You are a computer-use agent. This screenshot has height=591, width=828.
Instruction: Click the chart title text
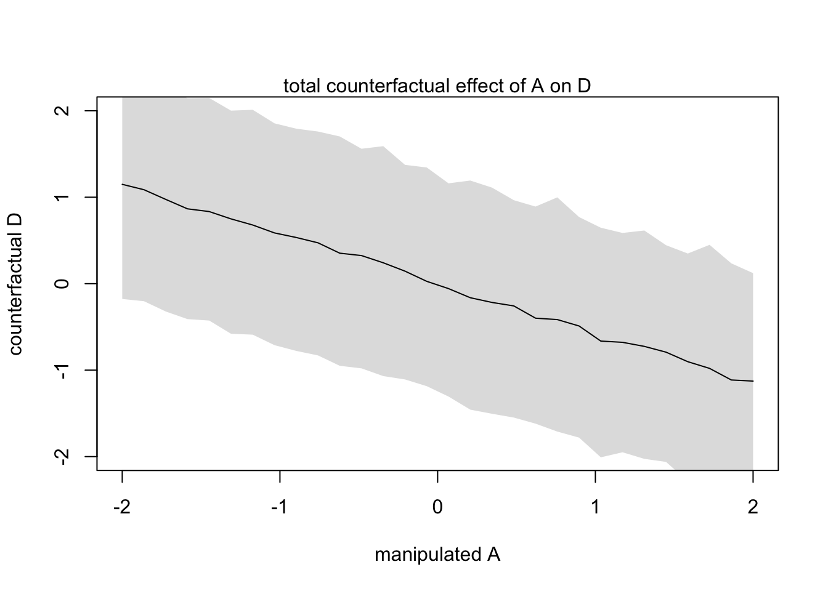coord(437,86)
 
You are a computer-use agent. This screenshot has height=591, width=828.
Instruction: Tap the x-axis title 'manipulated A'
coord(437,555)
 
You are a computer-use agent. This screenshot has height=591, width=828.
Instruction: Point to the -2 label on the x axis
coord(122,508)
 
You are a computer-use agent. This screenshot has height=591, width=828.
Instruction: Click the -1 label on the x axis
coord(280,508)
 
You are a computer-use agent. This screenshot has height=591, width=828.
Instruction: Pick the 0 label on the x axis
coord(437,508)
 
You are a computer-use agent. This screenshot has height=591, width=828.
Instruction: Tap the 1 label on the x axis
coord(595,508)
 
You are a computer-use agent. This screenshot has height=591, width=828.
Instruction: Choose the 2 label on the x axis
coord(753,508)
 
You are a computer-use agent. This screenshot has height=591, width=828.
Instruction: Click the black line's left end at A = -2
coord(123,184)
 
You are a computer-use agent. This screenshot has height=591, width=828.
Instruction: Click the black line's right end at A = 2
coord(753,381)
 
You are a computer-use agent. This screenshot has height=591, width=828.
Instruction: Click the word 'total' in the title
coord(302,86)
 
